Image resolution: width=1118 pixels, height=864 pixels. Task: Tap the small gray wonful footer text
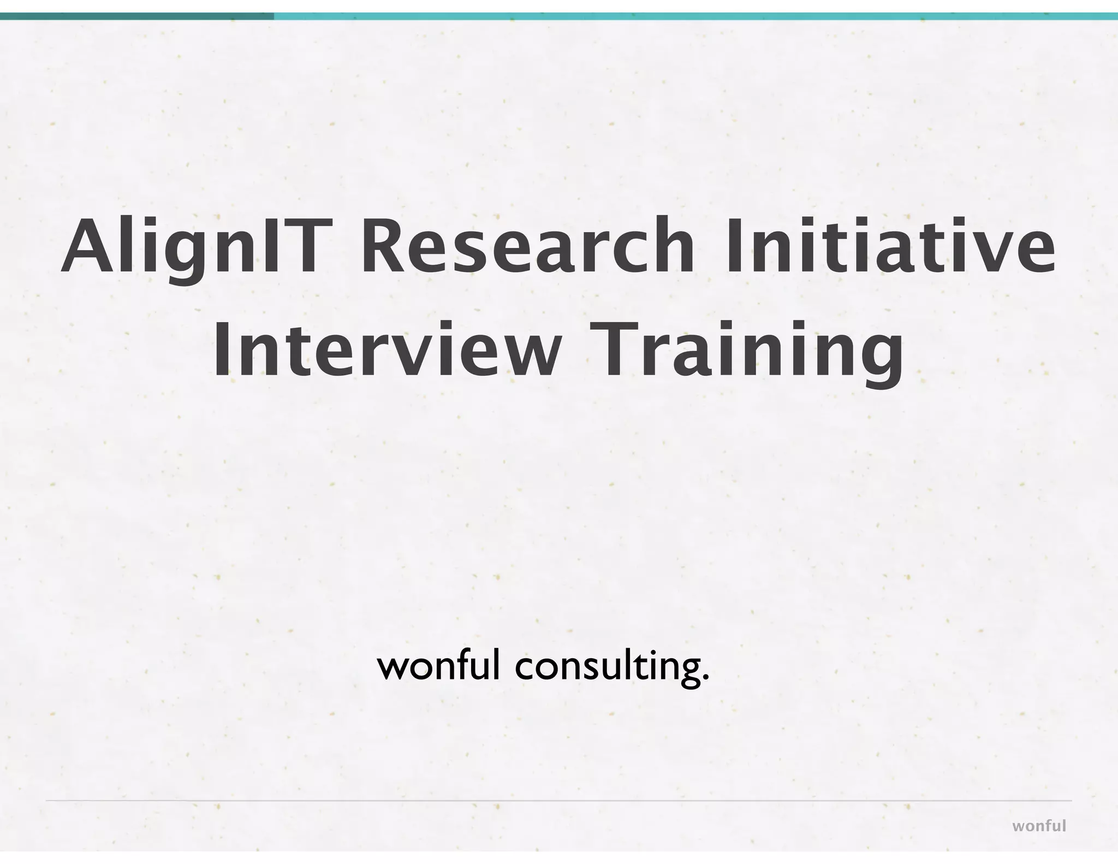click(1039, 826)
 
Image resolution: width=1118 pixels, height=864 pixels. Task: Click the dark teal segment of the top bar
click(136, 16)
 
